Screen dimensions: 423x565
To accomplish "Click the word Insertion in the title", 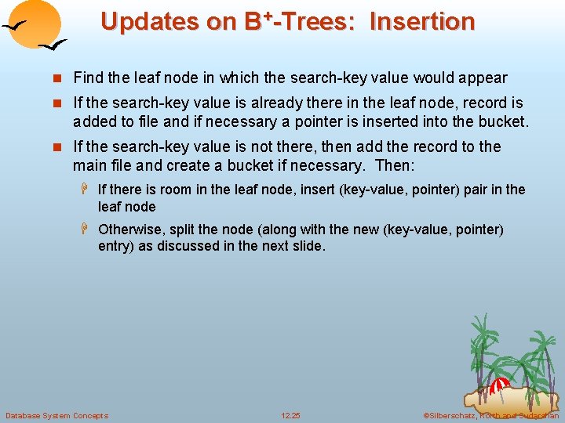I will pyautogui.click(x=422, y=21).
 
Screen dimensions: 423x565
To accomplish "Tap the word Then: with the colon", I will pyautogui.click(x=395, y=165).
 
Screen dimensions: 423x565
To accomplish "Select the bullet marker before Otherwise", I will pyautogui.click(x=88, y=230).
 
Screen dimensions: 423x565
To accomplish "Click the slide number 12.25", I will pyautogui.click(x=290, y=415).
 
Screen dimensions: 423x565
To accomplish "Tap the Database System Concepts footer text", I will pyautogui.click(x=56, y=415).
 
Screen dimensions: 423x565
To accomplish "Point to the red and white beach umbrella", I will pyautogui.click(x=499, y=386).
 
